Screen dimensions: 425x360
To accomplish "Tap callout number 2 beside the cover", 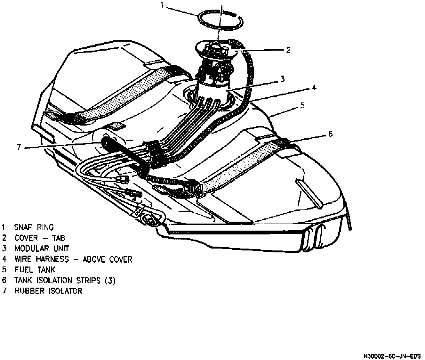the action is coord(288,50).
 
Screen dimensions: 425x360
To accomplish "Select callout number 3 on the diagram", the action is coord(282,79).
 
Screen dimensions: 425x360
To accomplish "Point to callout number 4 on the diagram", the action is coord(314,87).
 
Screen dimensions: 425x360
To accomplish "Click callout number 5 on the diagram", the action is coord(302,105).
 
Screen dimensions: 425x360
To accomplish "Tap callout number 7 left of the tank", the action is coord(19,147).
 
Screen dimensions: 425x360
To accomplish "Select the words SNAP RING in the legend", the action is coord(34,227).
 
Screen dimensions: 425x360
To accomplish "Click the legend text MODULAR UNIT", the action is coord(42,249).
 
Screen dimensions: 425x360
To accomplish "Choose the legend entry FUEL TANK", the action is coord(35,270).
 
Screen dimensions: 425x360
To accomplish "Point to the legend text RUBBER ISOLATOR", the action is coord(48,291).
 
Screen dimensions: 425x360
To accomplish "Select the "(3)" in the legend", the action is coord(110,281).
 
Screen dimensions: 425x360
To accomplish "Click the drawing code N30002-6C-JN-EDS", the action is coord(392,356).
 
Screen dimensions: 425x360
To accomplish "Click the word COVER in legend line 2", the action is coord(26,238).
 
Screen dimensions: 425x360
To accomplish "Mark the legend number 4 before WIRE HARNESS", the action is coord(4,259).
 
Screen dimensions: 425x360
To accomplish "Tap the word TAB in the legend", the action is coord(59,238).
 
